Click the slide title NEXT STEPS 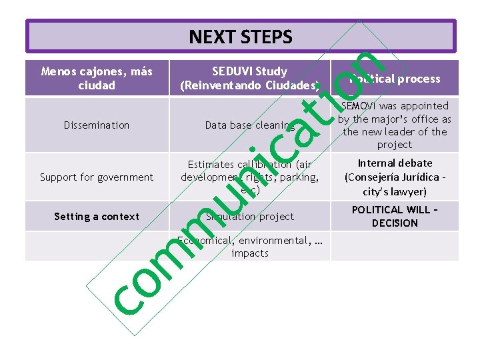click(x=240, y=37)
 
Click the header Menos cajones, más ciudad click(x=97, y=78)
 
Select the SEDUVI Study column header click(x=249, y=78)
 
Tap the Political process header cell click(x=395, y=79)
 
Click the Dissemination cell click(x=97, y=125)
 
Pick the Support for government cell click(x=97, y=177)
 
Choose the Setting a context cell click(x=97, y=216)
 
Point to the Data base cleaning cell click(x=249, y=125)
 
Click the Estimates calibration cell click(x=249, y=177)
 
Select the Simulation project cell click(x=249, y=216)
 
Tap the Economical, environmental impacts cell click(x=249, y=247)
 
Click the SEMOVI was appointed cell click(x=395, y=125)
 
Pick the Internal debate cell click(x=395, y=177)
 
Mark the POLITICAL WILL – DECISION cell click(x=395, y=216)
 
